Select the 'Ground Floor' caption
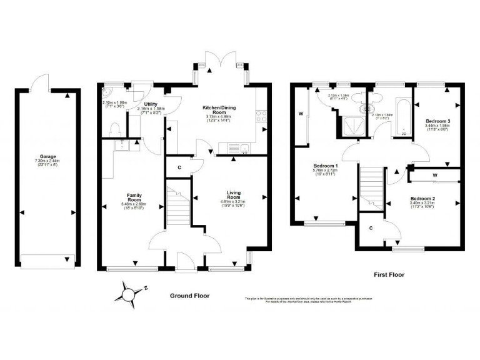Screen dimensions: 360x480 coord(189,296)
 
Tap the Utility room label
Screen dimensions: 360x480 coord(150,104)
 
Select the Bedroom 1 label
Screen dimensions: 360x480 coord(325,166)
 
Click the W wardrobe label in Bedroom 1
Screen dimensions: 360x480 coord(301,114)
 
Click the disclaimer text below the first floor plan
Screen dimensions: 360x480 coord(309,300)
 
